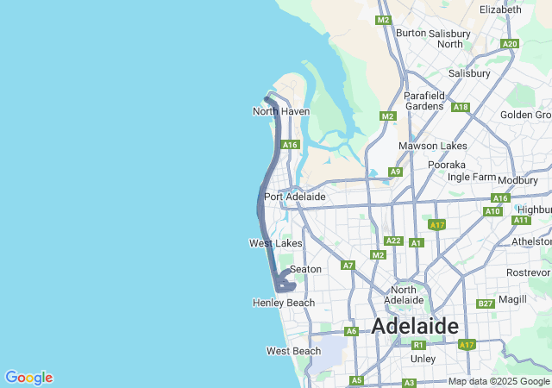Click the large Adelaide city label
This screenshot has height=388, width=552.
(x=415, y=326)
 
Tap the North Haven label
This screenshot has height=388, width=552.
(x=281, y=111)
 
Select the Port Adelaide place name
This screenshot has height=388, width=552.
(x=295, y=197)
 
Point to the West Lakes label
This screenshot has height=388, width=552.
(x=276, y=243)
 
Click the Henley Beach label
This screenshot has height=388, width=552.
(x=284, y=303)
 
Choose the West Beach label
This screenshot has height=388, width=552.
(x=293, y=351)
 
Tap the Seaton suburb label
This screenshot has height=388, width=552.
(x=305, y=269)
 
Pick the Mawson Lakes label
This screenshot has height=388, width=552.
(x=432, y=146)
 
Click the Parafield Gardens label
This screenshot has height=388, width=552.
(x=423, y=100)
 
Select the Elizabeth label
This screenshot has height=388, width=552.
(x=500, y=9)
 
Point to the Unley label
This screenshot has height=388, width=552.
(x=423, y=358)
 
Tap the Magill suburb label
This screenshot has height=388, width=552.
(x=512, y=298)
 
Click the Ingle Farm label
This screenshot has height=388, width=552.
(x=472, y=177)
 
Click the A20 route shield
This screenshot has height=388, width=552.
(x=510, y=44)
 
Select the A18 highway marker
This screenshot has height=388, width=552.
(x=461, y=107)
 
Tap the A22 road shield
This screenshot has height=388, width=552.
(x=393, y=241)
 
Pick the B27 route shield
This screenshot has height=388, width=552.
(x=486, y=304)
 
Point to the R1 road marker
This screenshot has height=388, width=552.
(x=418, y=344)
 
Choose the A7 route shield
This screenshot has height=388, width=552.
(x=348, y=265)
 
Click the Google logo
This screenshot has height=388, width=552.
(x=28, y=378)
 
